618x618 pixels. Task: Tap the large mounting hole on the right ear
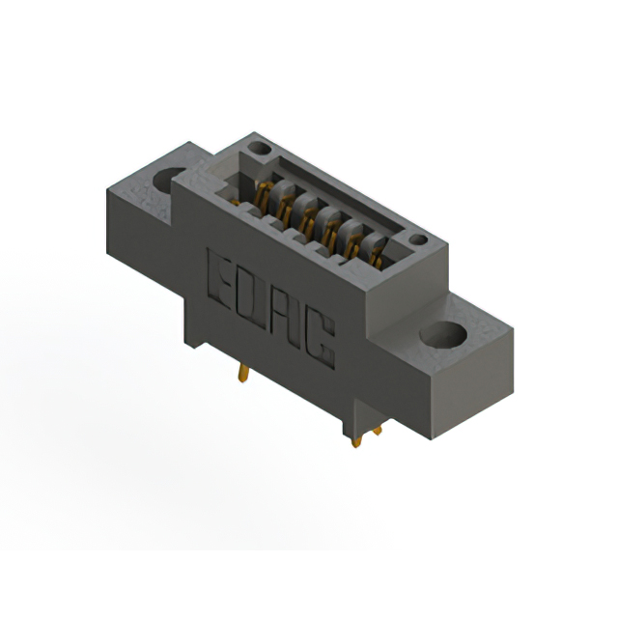point(442,334)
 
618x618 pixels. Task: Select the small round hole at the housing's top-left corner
point(258,149)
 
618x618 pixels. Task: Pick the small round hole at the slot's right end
point(417,239)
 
